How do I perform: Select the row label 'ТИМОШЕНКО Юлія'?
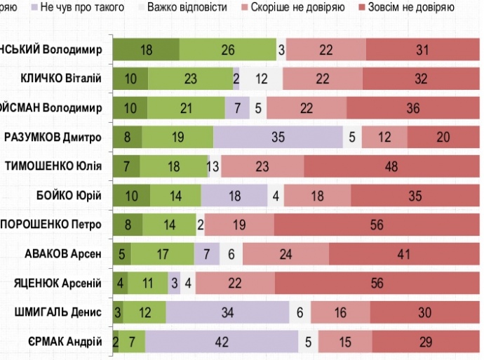click(x=54, y=166)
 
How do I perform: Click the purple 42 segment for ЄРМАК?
click(x=222, y=342)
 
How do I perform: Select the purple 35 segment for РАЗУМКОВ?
click(x=278, y=137)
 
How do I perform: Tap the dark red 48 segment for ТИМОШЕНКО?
click(x=391, y=166)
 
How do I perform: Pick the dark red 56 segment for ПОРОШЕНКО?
click(x=377, y=225)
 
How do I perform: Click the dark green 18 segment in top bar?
click(x=146, y=50)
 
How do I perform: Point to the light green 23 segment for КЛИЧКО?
click(x=190, y=79)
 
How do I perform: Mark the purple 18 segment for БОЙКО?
click(x=234, y=195)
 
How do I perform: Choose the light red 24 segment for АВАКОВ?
click(x=285, y=254)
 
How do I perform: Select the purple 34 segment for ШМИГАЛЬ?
click(x=227, y=312)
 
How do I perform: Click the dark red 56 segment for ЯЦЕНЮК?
click(x=377, y=283)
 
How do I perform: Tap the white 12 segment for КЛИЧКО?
click(x=262, y=79)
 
